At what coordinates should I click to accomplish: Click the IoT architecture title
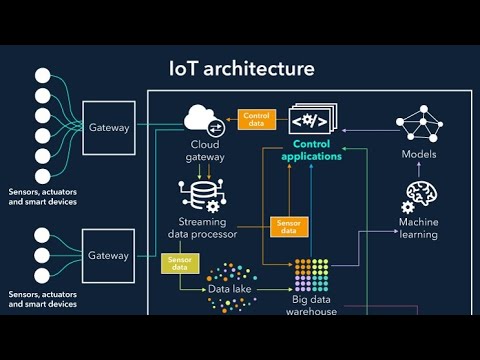pyautogui.click(x=242, y=68)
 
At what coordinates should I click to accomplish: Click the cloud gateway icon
pyautogui.click(x=204, y=120)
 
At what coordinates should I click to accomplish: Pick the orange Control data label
pyautogui.click(x=257, y=119)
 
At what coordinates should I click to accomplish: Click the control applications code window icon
pyautogui.click(x=313, y=118)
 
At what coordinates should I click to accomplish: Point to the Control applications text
pyautogui.click(x=312, y=150)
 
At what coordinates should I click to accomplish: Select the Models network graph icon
pyautogui.click(x=419, y=123)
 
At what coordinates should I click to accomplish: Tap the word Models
pyautogui.click(x=419, y=154)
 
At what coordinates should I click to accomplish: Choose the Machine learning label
pyautogui.click(x=419, y=228)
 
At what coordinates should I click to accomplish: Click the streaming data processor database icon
pyautogui.click(x=203, y=196)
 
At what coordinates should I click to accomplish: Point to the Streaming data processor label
pyautogui.click(x=202, y=228)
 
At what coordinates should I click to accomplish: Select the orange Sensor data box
pyautogui.click(x=289, y=227)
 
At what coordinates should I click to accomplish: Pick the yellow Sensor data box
pyautogui.click(x=180, y=263)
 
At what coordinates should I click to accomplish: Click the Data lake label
pyautogui.click(x=230, y=289)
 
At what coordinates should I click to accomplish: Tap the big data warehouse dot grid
pyautogui.click(x=311, y=275)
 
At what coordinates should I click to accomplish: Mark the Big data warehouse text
pyautogui.click(x=311, y=305)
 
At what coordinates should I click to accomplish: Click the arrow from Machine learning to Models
pyautogui.click(x=419, y=169)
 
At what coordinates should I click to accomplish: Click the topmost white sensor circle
pyautogui.click(x=43, y=76)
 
